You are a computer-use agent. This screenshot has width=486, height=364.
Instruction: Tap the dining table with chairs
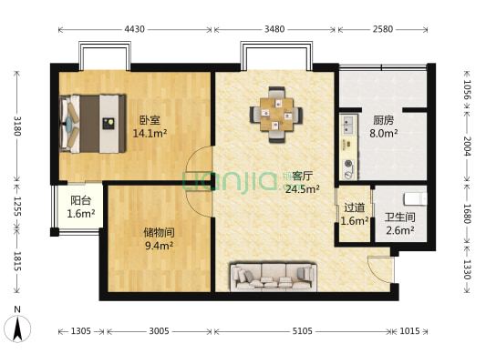[x=275, y=115]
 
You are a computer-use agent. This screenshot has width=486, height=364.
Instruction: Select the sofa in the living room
[x=272, y=275]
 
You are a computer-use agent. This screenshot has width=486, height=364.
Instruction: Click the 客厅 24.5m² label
[x=301, y=182]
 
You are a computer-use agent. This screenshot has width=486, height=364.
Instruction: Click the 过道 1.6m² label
[x=353, y=214]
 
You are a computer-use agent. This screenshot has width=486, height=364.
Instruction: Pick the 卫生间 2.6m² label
[x=399, y=223]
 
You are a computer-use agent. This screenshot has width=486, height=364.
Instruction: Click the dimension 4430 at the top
[x=135, y=30]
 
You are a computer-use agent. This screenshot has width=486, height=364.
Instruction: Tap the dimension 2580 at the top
[x=382, y=30]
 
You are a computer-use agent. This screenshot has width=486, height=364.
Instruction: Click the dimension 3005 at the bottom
[x=160, y=331]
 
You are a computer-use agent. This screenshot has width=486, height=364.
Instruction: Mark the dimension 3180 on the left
[x=16, y=124]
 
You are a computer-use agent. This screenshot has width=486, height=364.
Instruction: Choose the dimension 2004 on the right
[x=467, y=147]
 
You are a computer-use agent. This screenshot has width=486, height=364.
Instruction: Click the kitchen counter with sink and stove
[x=347, y=146]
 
